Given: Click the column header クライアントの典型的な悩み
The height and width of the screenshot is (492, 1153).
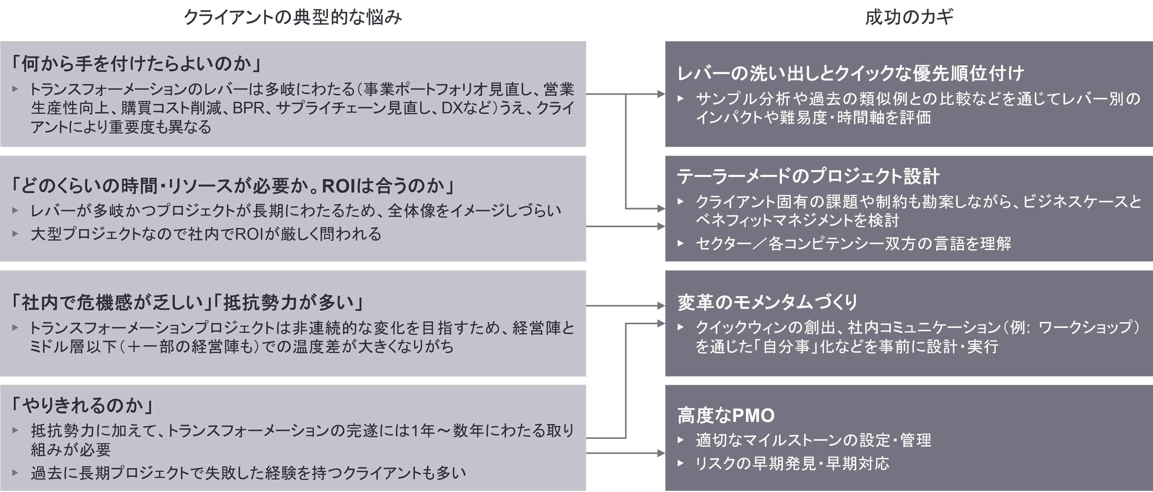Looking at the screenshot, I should pyautogui.click(x=293, y=18).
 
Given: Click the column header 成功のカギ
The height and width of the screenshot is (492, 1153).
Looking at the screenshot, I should pyautogui.click(x=909, y=18).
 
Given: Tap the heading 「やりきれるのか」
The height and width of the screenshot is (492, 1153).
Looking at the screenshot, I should pyautogui.click(x=83, y=406).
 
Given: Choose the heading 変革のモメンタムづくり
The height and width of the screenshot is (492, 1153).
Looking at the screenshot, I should pyautogui.click(x=767, y=302).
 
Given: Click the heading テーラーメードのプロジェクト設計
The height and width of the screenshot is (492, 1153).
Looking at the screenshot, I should pyautogui.click(x=808, y=177).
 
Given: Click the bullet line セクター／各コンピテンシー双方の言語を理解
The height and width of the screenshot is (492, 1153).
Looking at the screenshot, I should pyautogui.click(x=853, y=243).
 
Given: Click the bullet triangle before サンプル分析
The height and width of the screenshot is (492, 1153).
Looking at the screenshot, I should pyautogui.click(x=681, y=98).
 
